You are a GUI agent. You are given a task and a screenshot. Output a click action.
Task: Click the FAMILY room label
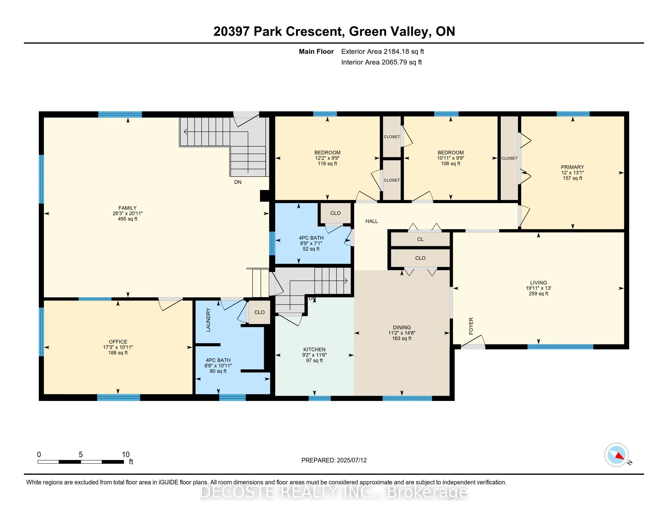click(128, 208)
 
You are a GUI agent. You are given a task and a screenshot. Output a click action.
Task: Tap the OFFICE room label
click(118, 342)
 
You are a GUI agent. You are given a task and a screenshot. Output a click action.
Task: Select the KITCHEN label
click(315, 349)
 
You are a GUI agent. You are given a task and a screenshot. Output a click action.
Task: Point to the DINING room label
click(402, 328)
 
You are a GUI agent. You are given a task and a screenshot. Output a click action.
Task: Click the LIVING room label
click(539, 283)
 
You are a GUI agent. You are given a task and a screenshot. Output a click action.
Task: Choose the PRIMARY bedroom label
click(573, 167)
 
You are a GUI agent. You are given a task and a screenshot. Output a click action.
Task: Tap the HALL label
click(372, 221)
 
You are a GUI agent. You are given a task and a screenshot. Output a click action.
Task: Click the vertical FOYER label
click(471, 326)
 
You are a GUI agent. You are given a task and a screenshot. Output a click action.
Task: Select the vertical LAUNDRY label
click(208, 320)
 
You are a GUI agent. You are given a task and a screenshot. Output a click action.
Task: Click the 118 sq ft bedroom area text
click(327, 164)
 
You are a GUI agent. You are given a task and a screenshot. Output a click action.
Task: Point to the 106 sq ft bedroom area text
click(451, 164)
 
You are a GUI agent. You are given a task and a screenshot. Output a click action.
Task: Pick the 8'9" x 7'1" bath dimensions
click(311, 243)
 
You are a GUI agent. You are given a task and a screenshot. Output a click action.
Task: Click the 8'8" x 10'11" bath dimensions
click(218, 366)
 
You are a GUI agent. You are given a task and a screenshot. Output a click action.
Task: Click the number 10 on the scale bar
click(126, 455)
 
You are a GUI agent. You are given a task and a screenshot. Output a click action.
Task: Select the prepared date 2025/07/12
click(352, 460)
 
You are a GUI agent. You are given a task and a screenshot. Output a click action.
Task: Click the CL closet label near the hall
click(420, 239)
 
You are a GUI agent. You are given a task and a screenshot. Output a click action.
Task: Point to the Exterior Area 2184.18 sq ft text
click(383, 51)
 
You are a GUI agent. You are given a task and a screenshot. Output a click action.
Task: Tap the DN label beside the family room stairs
click(238, 182)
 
